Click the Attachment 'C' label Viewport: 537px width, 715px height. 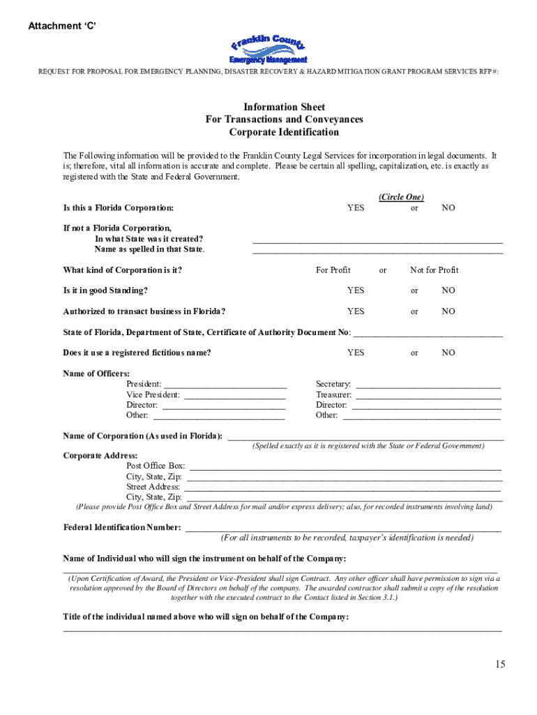point(62,27)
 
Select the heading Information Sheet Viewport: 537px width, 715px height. point(284,107)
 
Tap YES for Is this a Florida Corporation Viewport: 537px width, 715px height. point(356,208)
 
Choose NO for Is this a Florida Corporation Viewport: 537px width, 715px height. point(448,208)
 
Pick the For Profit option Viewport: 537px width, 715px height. point(333,270)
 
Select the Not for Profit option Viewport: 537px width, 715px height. point(434,270)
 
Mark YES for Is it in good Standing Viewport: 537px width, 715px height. point(356,290)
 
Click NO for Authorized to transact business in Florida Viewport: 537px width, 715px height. point(448,311)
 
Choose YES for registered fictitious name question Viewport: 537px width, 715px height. point(356,353)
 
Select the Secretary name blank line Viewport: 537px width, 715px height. point(428,385)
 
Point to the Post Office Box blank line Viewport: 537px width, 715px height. point(345,466)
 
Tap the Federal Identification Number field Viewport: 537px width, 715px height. point(342,528)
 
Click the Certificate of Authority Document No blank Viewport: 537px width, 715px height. point(428,332)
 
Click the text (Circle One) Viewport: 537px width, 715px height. point(401,198)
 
